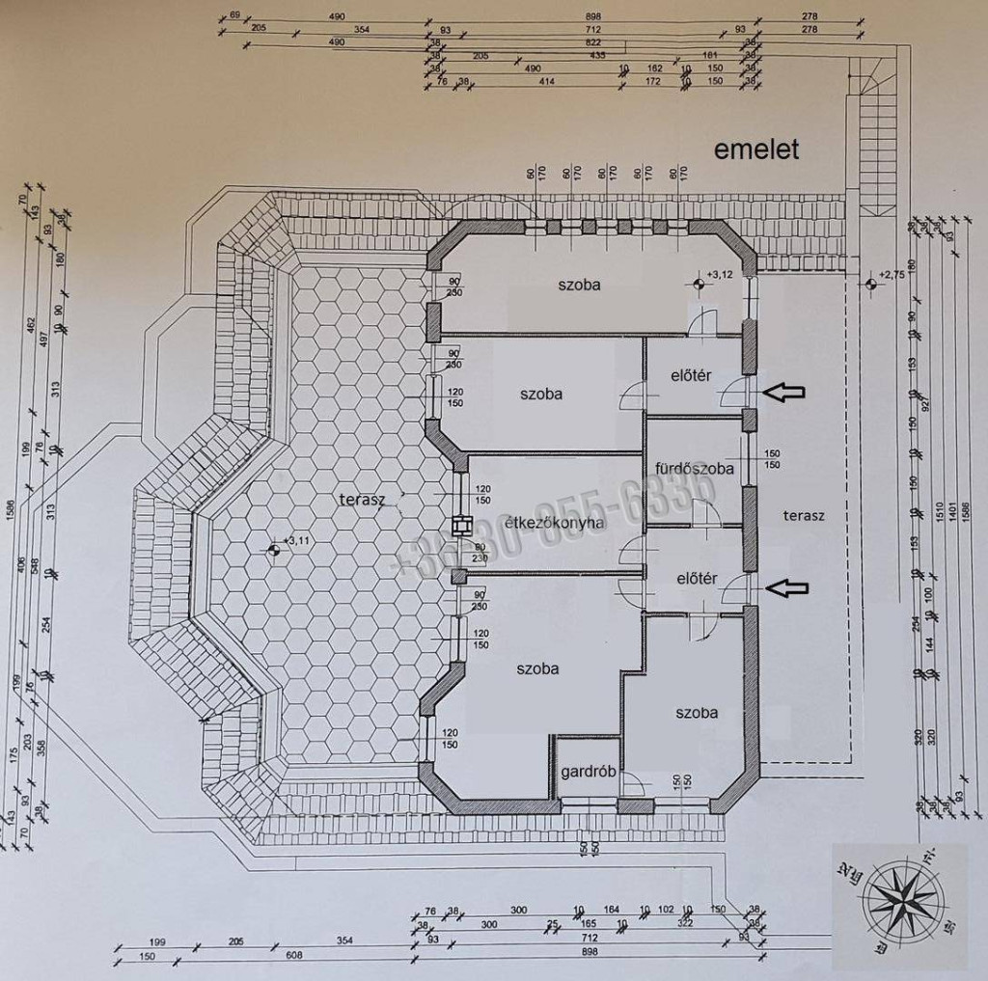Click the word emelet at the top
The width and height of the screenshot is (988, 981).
(757, 150)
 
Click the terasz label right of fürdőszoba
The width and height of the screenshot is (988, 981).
(804, 516)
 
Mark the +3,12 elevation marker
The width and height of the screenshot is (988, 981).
(696, 284)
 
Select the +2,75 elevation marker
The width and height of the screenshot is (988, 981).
(872, 283)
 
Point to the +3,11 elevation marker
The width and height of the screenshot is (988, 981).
(273, 550)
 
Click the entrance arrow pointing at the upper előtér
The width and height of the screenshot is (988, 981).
(783, 391)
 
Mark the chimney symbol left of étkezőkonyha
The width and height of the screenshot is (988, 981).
(460, 527)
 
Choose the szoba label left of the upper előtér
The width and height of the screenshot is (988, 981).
(540, 394)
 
